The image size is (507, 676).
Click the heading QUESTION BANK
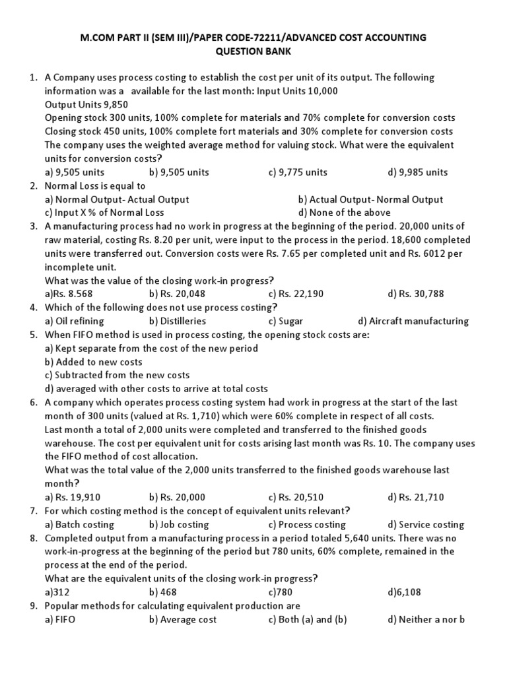[253, 51]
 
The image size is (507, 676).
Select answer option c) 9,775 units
[298, 172]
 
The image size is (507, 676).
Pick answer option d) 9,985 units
[418, 172]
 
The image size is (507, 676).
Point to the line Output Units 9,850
[86, 104]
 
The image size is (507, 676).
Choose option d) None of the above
[344, 213]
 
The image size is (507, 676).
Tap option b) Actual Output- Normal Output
[370, 199]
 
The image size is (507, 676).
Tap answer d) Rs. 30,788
[417, 294]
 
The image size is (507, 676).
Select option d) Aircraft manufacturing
[413, 321]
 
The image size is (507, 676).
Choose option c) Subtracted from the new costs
[117, 375]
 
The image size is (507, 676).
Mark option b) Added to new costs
[94, 362]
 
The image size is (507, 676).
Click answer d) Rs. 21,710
[417, 497]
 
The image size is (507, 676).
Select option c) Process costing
[307, 524]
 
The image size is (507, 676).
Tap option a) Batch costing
[79, 524]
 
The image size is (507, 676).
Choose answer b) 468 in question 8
[162, 592]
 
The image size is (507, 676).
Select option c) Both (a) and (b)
[308, 619]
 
